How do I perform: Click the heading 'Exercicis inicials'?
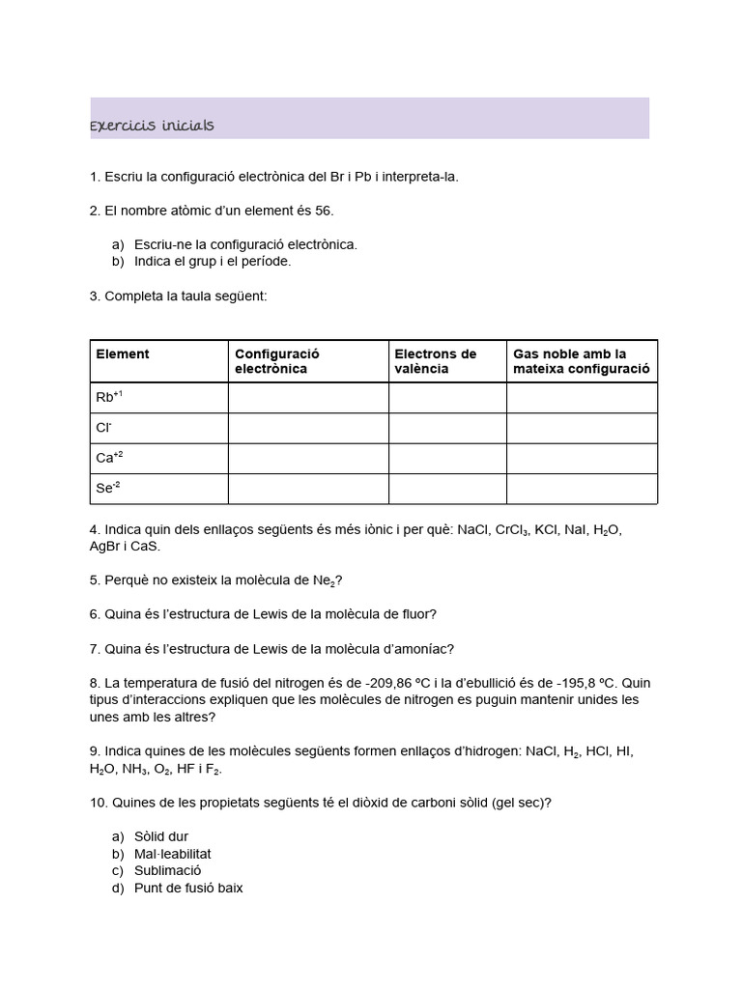click(x=152, y=126)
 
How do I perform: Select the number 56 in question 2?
click(x=324, y=211)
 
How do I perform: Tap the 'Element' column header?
click(x=123, y=354)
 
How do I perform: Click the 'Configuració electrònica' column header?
click(x=276, y=361)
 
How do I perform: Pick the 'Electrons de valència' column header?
click(x=436, y=361)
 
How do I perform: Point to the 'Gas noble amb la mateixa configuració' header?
click(x=581, y=361)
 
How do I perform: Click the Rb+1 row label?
click(x=109, y=398)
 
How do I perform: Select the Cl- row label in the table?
click(x=104, y=428)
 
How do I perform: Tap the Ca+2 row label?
click(x=109, y=458)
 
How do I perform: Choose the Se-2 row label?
click(x=108, y=488)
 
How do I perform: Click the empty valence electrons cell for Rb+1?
click(x=447, y=398)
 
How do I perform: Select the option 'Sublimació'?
click(x=168, y=870)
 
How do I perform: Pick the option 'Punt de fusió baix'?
click(x=189, y=888)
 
